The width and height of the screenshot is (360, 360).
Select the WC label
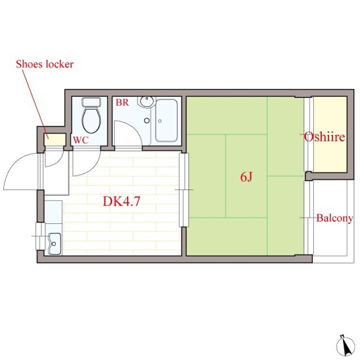click(81, 140)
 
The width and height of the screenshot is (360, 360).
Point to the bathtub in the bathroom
click(167, 121)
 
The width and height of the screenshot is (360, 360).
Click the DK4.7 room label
click(122, 200)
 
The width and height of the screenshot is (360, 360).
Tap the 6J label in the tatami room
click(246, 176)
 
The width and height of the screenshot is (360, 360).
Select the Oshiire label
click(325, 138)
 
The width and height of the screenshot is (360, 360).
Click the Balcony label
click(334, 219)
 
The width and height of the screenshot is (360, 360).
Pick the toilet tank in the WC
click(93, 102)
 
